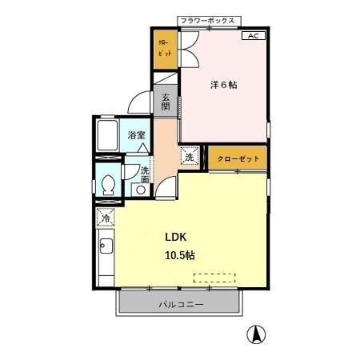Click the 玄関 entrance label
[x=166, y=100]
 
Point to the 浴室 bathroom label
[x=137, y=135]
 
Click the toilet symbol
[x=107, y=185]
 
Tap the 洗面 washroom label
[x=145, y=174]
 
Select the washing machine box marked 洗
[x=190, y=157]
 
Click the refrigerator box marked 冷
[x=106, y=217]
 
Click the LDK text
[x=178, y=237]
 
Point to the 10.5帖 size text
[x=181, y=255]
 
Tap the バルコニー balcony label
[x=180, y=305]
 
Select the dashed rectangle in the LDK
[x=215, y=278]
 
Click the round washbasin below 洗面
[x=140, y=190]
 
